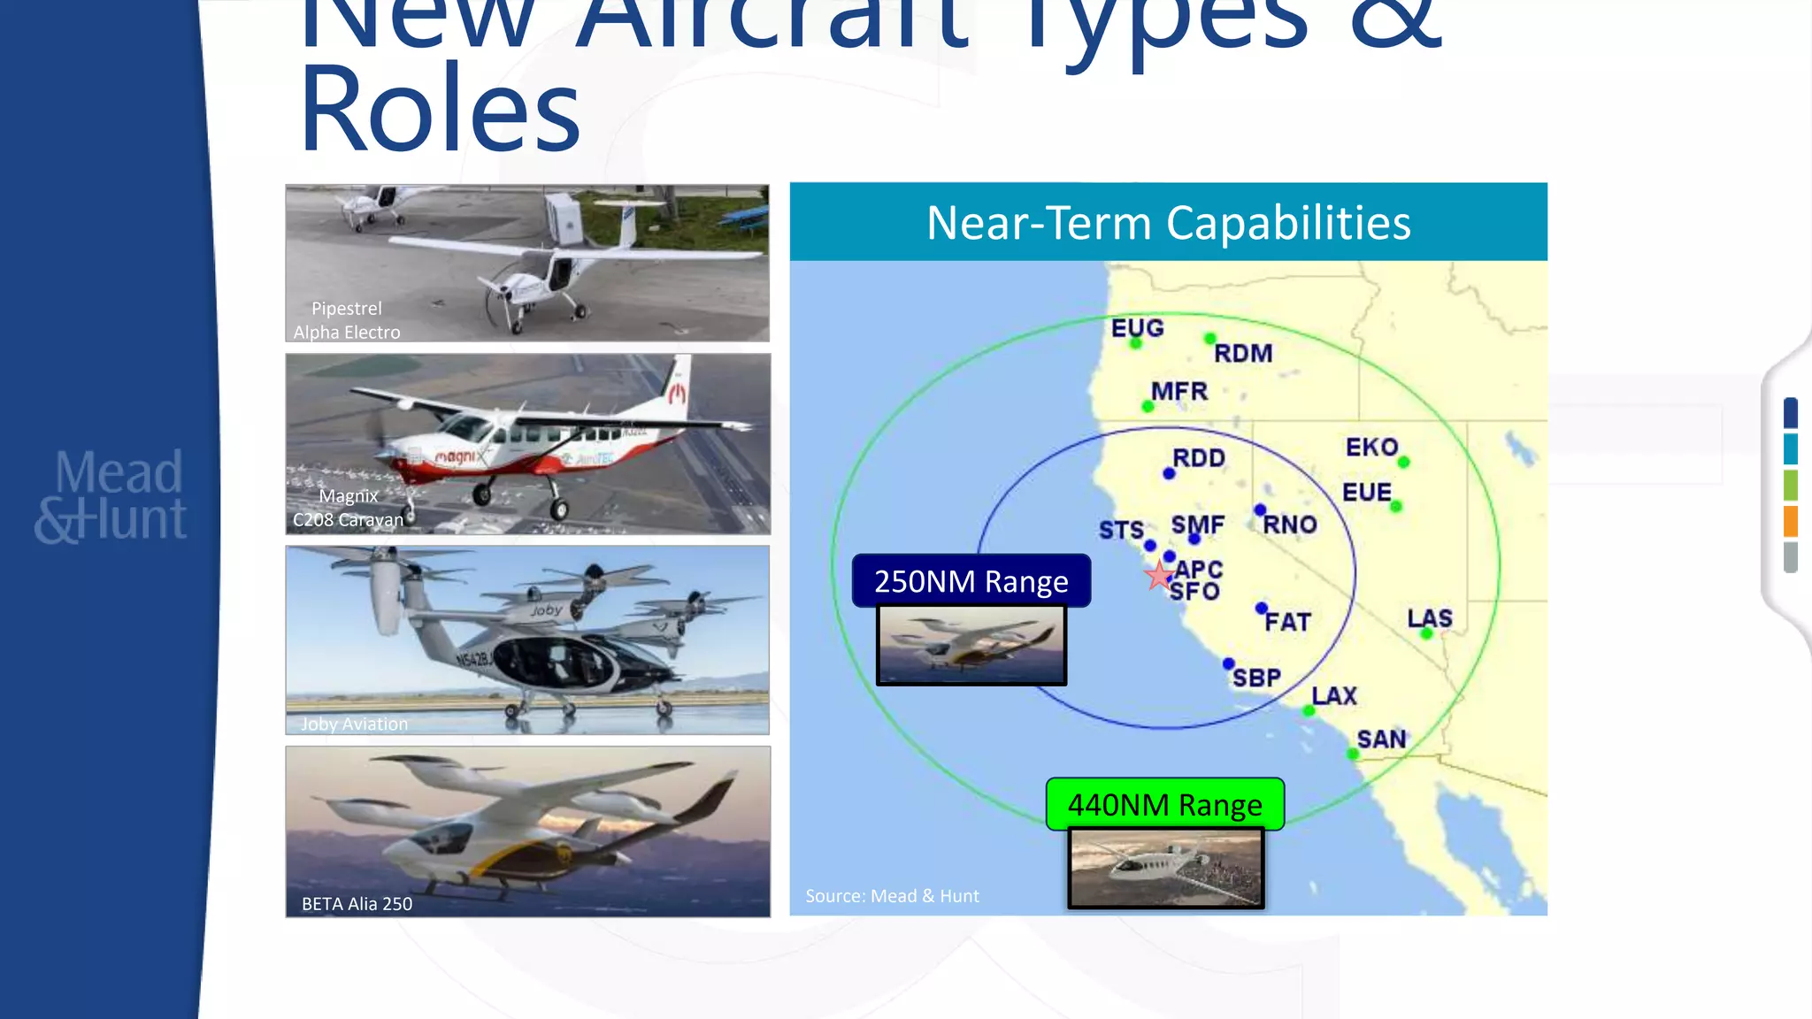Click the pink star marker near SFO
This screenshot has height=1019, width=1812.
click(1158, 576)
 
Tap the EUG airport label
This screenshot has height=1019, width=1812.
click(1137, 328)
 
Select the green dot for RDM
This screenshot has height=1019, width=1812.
click(1209, 339)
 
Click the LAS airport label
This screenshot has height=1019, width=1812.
click(1430, 617)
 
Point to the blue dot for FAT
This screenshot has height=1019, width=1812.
click(1261, 608)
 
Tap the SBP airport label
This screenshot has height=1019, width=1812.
click(1256, 678)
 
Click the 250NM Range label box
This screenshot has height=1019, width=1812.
click(971, 581)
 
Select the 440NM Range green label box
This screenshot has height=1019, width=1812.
click(1164, 804)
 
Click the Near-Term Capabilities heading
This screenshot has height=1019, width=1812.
click(1168, 222)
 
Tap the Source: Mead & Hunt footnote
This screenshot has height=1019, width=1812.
click(892, 896)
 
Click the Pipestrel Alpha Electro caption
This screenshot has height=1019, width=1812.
click(347, 320)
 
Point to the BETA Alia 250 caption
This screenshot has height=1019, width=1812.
click(357, 903)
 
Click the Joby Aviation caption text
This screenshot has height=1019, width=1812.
click(354, 724)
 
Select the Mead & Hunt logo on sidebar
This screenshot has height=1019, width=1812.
click(111, 495)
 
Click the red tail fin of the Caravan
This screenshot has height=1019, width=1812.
click(678, 389)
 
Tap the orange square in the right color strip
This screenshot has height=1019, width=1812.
click(1791, 521)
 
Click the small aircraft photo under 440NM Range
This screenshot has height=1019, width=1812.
click(1165, 868)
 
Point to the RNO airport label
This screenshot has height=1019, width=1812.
click(1289, 525)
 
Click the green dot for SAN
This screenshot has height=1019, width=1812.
click(1352, 754)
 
